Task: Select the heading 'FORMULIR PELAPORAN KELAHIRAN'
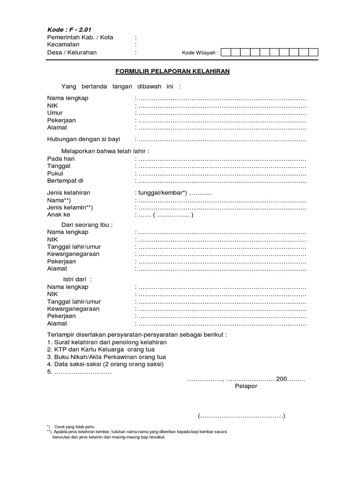pyautogui.click(x=172, y=72)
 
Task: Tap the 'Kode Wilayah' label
pyautogui.click(x=201, y=53)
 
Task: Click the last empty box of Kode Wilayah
pyautogui.click(x=313, y=52)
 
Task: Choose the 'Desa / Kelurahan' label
pyautogui.click(x=72, y=52)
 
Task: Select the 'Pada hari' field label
pyautogui.click(x=61, y=158)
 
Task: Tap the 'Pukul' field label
pyautogui.click(x=55, y=173)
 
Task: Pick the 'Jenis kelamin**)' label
pyautogui.click(x=70, y=208)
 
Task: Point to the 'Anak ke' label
pyautogui.click(x=59, y=215)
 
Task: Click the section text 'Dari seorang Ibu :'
pyautogui.click(x=87, y=225)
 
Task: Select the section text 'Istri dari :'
pyautogui.click(x=77, y=279)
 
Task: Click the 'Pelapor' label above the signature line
pyautogui.click(x=246, y=387)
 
